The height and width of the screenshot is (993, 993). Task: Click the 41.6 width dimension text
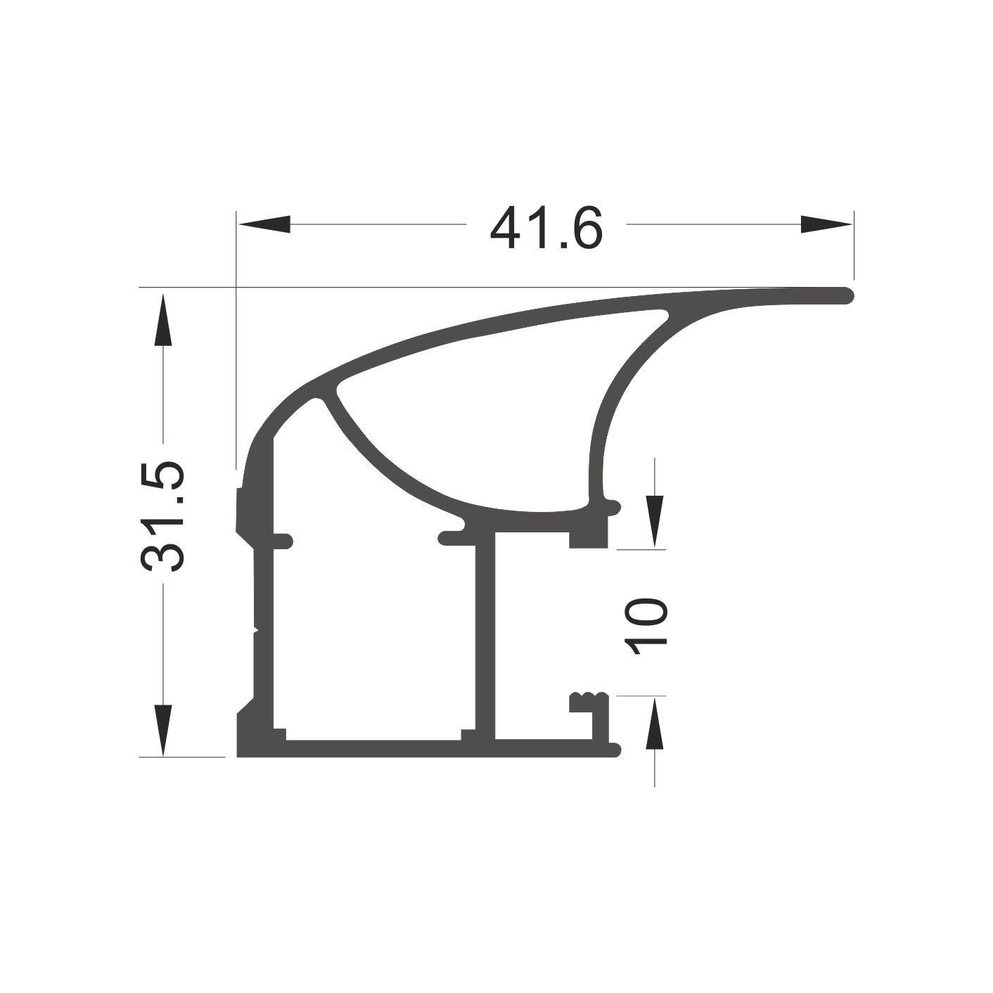point(546,227)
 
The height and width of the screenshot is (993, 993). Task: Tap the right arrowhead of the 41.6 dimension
point(826,224)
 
